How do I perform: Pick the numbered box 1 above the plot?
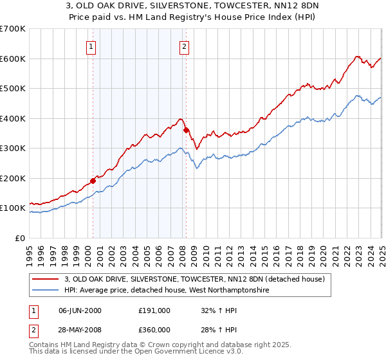point(91,46)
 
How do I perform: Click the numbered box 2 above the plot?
point(185,46)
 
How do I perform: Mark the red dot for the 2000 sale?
point(93,181)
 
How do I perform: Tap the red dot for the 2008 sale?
point(186,130)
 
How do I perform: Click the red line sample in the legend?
point(44,279)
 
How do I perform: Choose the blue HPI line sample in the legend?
point(44,290)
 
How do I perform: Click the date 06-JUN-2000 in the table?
point(80,310)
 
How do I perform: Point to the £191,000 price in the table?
point(154,310)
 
